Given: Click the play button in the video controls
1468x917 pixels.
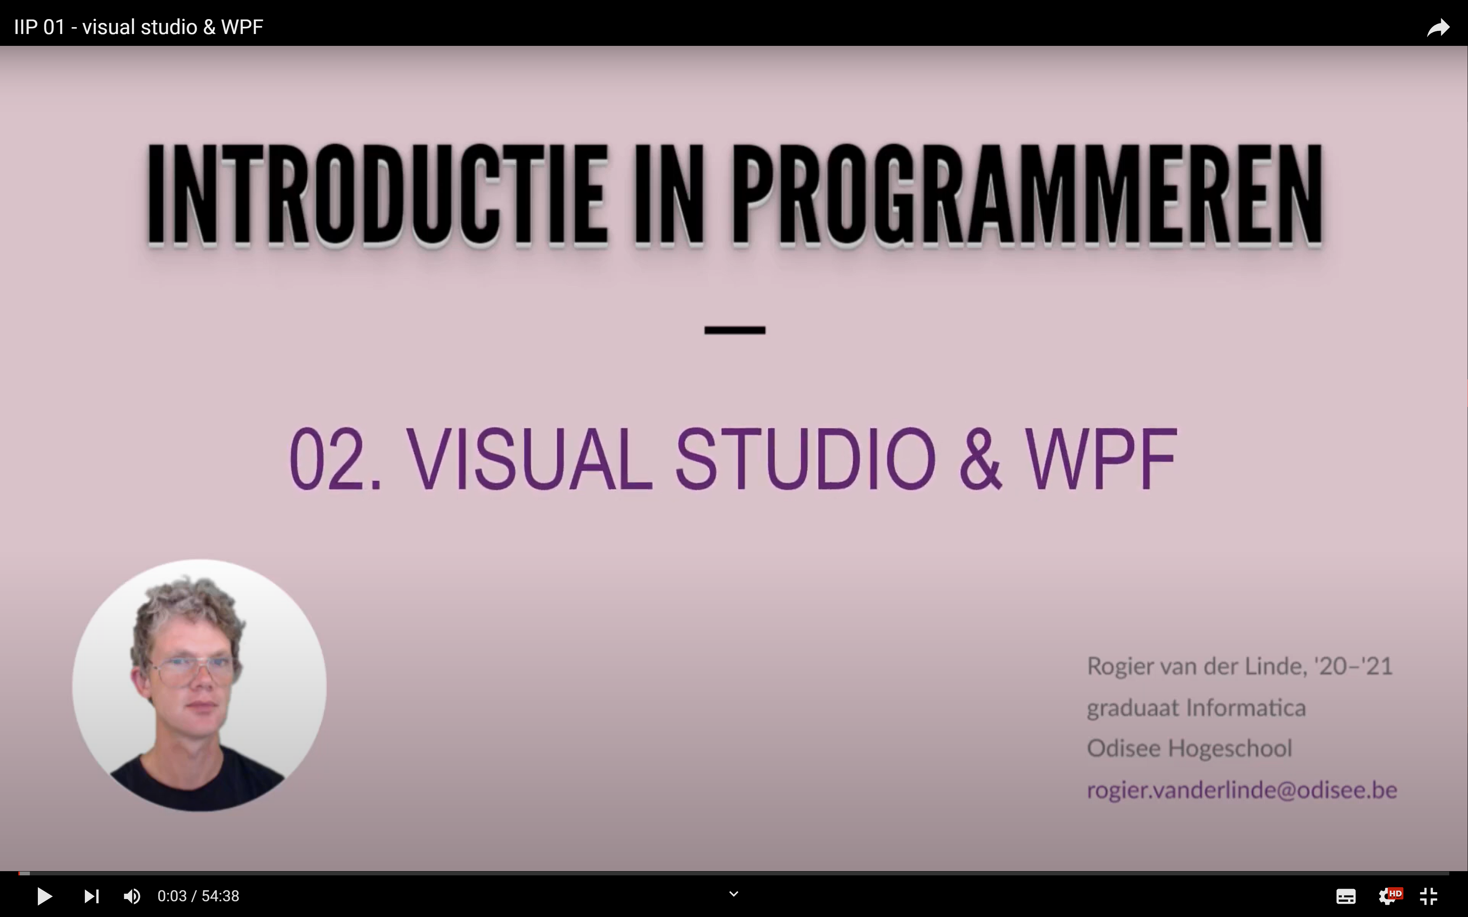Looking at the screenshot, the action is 44,896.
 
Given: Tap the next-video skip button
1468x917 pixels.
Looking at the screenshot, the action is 92,896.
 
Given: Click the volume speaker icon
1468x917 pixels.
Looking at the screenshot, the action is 131,896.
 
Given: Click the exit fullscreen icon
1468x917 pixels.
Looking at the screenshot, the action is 1429,896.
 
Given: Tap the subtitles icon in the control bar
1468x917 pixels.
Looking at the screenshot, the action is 1346,896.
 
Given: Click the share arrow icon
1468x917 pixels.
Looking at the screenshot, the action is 1438,27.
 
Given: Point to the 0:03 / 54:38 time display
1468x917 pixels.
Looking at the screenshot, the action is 198,896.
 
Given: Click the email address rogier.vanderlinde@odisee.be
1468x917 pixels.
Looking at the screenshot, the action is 1242,790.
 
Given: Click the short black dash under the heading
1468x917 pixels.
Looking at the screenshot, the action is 735,330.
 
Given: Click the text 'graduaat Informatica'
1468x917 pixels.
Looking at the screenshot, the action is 1196,708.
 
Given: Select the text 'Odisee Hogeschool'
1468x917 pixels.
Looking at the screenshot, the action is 1189,749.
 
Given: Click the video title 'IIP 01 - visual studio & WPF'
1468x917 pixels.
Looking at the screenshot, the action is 138,27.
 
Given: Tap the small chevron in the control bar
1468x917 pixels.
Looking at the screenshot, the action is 733,894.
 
